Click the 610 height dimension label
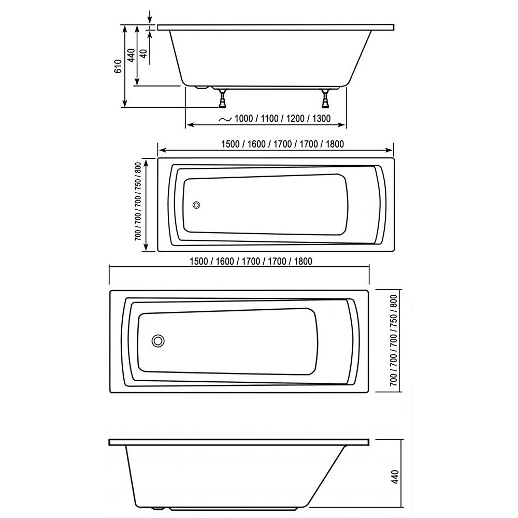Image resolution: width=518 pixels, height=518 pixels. point(118,66)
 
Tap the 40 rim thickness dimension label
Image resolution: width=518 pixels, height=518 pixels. point(143,53)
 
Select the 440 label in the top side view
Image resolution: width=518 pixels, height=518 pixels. point(131,55)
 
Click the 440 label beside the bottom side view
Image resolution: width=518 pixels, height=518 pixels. point(395,477)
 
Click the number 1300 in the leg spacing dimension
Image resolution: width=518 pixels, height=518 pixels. point(321,119)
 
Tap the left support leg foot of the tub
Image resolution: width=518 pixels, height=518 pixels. point(222,105)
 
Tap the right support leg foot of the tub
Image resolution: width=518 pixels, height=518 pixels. point(325,105)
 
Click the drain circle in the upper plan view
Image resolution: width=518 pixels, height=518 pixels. point(196,205)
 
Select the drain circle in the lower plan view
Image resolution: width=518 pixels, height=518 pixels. point(158,341)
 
